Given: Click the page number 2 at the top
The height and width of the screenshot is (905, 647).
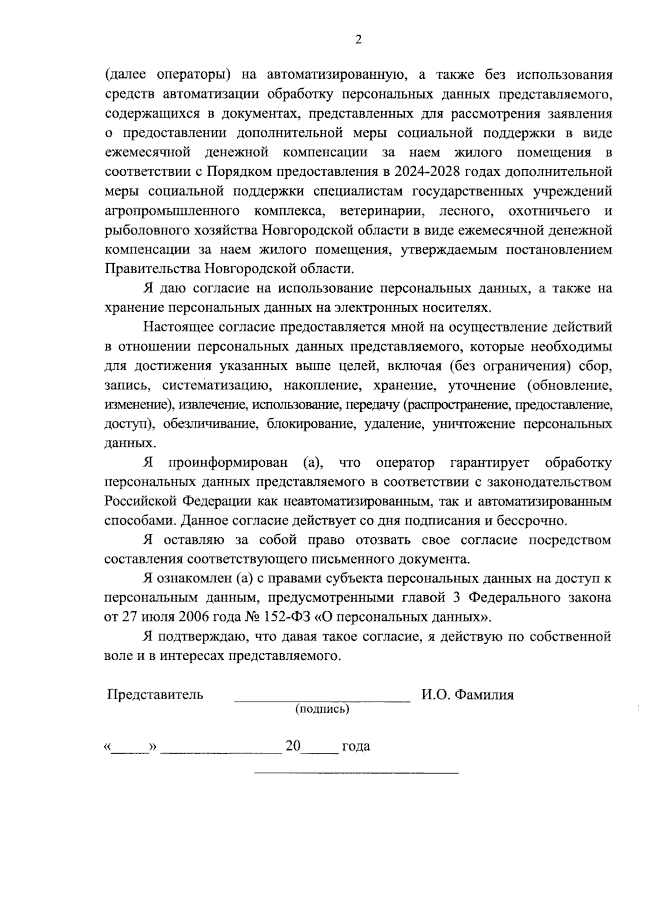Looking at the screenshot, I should tap(358, 39).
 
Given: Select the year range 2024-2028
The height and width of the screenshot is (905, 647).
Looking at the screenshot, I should tap(421, 172).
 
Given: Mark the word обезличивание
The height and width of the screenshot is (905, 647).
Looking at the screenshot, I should tap(204, 424).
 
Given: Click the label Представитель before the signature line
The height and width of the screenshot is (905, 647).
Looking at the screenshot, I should tap(155, 694).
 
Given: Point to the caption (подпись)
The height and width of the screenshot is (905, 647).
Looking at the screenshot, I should tap(322, 709).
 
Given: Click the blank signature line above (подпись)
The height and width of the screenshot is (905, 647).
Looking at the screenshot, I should tap(322, 700).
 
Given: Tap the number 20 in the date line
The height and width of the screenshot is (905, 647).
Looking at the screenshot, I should tap(293, 747).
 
